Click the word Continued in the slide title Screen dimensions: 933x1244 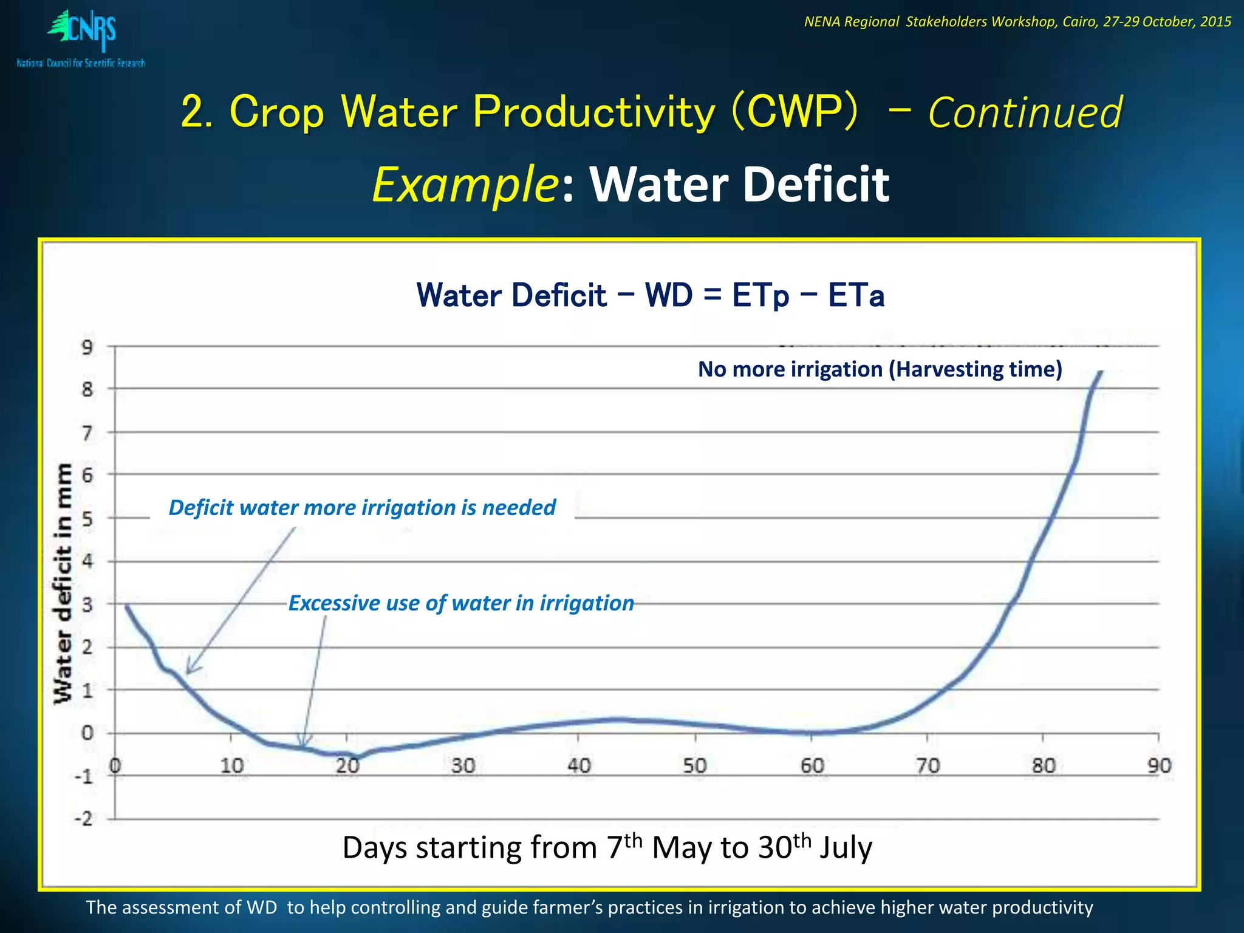tap(1025, 113)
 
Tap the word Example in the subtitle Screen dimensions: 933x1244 tap(465, 185)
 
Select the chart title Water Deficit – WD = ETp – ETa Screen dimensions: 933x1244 tap(650, 295)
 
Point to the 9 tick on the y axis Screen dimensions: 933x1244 tap(88, 347)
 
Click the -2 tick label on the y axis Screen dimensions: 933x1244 tap(84, 819)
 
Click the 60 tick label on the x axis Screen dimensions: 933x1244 tap(812, 766)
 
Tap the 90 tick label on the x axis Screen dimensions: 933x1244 tap(1158, 766)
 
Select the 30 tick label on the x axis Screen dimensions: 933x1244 tap(463, 766)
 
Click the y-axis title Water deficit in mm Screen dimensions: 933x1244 tap(63, 583)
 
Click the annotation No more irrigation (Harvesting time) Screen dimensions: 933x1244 tap(880, 369)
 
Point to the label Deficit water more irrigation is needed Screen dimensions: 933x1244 tap(362, 508)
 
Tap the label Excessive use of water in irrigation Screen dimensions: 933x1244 tap(461, 603)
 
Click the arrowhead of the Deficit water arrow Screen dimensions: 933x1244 tap(188, 671)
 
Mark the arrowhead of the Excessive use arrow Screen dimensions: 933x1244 tap(302, 745)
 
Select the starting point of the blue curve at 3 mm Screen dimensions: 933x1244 tap(126, 606)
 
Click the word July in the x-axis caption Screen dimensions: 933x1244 tap(846, 848)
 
